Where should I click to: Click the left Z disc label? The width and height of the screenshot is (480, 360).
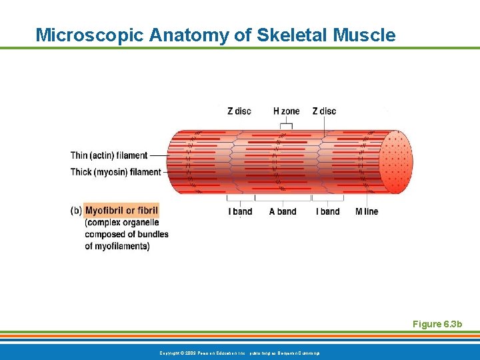point(239,111)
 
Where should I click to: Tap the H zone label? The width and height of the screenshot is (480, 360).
point(287,111)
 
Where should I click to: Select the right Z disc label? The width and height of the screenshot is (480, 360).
point(324,111)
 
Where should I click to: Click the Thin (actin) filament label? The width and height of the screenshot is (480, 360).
point(109,155)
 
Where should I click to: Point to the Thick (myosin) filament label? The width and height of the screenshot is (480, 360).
point(115,172)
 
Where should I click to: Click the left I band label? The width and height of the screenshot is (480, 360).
point(240,211)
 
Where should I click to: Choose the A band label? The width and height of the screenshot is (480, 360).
point(283,211)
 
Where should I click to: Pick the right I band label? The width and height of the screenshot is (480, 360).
point(327,211)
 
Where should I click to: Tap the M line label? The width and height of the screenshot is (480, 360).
point(367,211)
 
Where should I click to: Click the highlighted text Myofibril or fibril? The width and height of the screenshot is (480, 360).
point(122,211)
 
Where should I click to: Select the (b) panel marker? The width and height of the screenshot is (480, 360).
point(76,211)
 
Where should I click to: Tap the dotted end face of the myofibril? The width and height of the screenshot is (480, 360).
point(396,162)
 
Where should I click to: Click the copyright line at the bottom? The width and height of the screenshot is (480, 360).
point(239,352)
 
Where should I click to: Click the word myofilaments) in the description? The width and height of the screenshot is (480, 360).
point(117,246)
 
